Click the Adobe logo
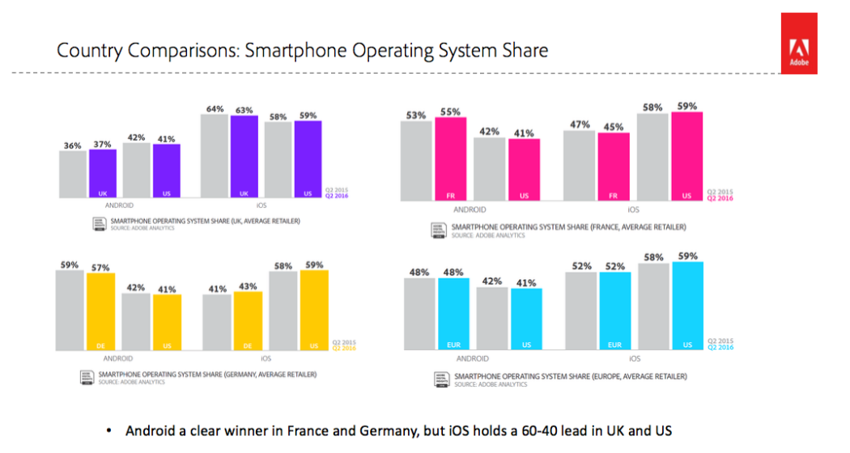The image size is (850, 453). (798, 44)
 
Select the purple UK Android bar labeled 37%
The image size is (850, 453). (103, 173)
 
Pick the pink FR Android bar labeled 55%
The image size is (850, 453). (450, 159)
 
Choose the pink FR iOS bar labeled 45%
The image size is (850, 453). (614, 166)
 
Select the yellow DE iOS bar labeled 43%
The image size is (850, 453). (249, 321)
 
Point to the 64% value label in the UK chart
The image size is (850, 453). (214, 108)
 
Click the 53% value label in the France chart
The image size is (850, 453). (417, 115)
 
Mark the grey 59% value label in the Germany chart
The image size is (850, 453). (68, 264)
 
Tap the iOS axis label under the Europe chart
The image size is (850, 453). (634, 358)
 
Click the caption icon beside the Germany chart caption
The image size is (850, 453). (86, 377)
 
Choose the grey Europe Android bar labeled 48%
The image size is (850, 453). (419, 315)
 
